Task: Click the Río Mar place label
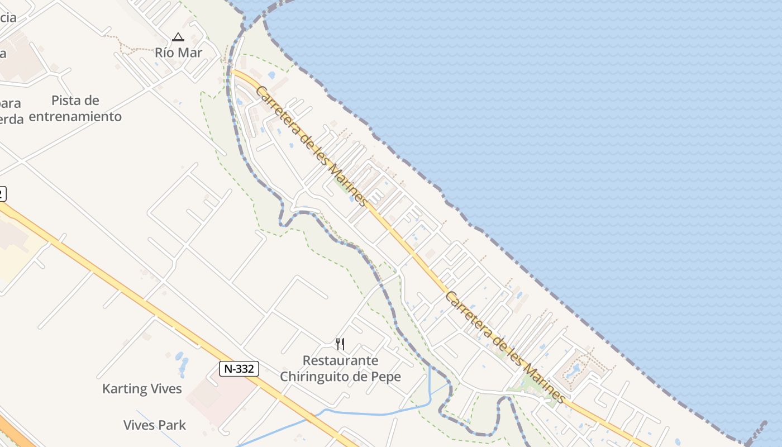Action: point(178,53)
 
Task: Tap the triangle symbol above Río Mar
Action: point(178,37)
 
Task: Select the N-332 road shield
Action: point(239,369)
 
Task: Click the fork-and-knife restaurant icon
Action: point(340,344)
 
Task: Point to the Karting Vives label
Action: point(142,389)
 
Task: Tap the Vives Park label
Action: point(155,425)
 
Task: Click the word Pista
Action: point(75,101)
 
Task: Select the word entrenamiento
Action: point(75,117)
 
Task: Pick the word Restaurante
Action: point(340,360)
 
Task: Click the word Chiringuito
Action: point(316,377)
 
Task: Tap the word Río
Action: point(165,53)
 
